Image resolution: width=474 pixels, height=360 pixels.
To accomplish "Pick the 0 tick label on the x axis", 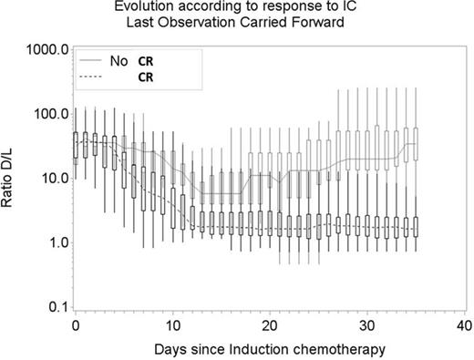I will coord(75,325).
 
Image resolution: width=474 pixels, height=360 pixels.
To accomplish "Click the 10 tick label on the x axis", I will coord(172,325).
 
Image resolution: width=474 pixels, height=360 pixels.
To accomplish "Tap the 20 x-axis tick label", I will coord(270,325).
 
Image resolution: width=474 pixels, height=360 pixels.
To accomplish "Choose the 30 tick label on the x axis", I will coord(366,325).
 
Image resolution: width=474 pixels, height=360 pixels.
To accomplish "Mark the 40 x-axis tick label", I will coord(464,325).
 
